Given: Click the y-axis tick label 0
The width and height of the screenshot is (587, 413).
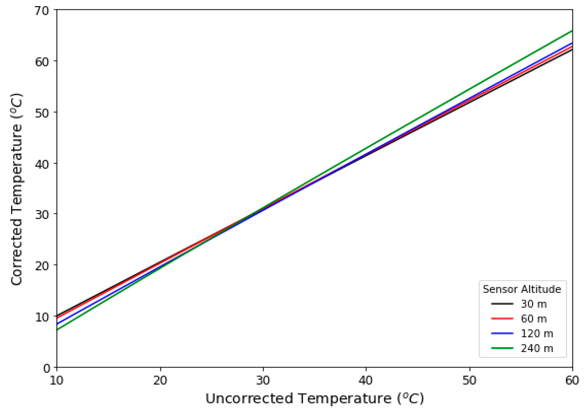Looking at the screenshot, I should point(47,368).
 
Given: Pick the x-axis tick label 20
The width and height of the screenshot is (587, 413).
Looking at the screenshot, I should point(160,381).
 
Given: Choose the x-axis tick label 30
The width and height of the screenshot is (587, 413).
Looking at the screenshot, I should point(263,381).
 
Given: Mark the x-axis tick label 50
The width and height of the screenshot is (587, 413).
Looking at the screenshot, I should point(470,381).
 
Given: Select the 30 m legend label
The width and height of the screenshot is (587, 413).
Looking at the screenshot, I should point(534,304).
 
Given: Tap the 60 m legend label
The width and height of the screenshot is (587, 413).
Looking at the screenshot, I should point(534,319).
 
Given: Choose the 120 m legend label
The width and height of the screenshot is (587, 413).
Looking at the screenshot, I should point(537,333).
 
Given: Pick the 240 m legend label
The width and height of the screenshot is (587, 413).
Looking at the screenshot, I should point(537,348).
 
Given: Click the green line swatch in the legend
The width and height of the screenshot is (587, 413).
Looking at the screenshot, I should point(502,348).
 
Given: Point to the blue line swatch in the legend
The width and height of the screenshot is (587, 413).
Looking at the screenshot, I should point(502,333).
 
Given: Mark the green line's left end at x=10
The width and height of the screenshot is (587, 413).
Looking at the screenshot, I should point(57,330).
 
